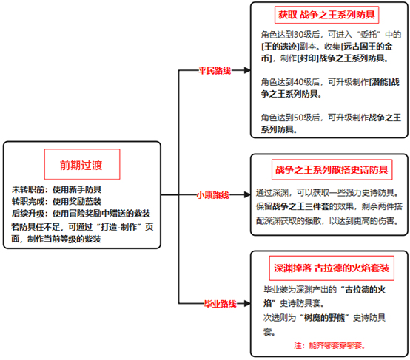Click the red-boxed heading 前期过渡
point(81,166)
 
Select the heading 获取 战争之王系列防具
point(326,15)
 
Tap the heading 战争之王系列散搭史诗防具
point(332,170)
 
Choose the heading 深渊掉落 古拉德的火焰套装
point(332,268)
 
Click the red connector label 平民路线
point(215,70)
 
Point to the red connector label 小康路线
point(213,195)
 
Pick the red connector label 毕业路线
point(221,304)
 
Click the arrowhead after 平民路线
point(247,70)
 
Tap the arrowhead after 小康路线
point(247,194)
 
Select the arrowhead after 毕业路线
point(247,303)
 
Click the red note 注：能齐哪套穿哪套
point(329,345)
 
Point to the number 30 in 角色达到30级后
point(298,35)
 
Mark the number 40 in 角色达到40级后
point(298,82)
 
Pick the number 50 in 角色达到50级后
point(298,118)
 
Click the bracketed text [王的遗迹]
point(280,47)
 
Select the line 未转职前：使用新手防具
point(56,189)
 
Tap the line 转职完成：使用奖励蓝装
point(56,201)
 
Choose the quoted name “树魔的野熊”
point(324,318)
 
